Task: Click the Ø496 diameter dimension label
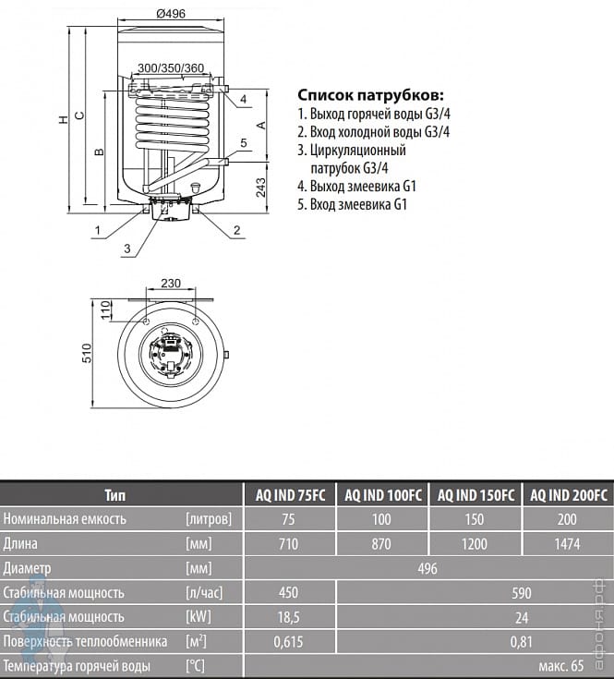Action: click(171, 14)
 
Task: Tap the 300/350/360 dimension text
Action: click(171, 68)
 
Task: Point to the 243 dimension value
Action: click(261, 187)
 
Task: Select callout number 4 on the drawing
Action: click(243, 99)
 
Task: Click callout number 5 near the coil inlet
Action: click(244, 142)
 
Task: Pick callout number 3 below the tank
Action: click(126, 249)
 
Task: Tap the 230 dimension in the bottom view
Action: click(171, 284)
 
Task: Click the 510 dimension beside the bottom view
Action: click(87, 353)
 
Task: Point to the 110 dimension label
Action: click(105, 310)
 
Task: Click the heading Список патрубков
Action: click(371, 95)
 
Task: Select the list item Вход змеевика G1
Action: click(352, 204)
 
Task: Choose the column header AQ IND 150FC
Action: click(476, 495)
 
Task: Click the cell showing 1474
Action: click(567, 544)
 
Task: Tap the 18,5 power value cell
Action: click(289, 617)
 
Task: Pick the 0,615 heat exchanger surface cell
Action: click(289, 642)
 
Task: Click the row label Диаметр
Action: click(27, 568)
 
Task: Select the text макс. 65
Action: click(561, 665)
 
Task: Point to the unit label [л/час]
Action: click(204, 592)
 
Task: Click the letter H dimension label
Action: click(63, 119)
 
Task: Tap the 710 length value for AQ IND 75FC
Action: click(289, 544)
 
